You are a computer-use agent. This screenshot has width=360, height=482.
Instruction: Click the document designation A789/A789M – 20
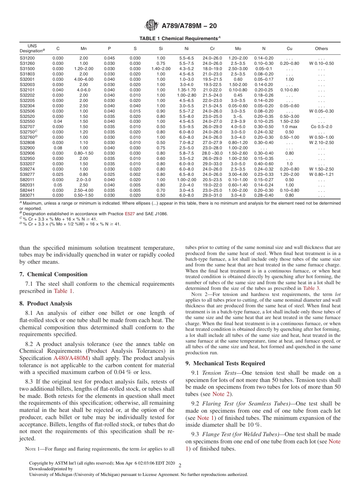[189, 26]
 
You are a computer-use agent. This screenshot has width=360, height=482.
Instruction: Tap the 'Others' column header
[321, 49]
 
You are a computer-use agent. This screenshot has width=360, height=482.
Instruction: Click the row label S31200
[27, 58]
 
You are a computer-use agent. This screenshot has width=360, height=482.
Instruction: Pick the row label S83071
[27, 195]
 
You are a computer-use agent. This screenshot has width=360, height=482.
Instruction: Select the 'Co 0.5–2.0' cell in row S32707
[321, 127]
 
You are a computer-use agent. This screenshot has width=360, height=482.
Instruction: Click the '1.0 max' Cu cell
[290, 127]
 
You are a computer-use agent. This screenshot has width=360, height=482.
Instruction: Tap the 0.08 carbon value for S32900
[58, 148]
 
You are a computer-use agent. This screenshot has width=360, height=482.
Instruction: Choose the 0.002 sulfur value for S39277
[135, 174]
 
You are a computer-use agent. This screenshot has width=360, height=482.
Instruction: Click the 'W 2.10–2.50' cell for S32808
[321, 142]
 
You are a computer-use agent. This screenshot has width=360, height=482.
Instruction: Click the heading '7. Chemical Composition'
[53, 274]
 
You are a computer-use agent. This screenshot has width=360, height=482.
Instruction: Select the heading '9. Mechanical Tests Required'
[225, 363]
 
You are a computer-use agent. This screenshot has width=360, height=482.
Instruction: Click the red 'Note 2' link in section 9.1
[222, 394]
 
